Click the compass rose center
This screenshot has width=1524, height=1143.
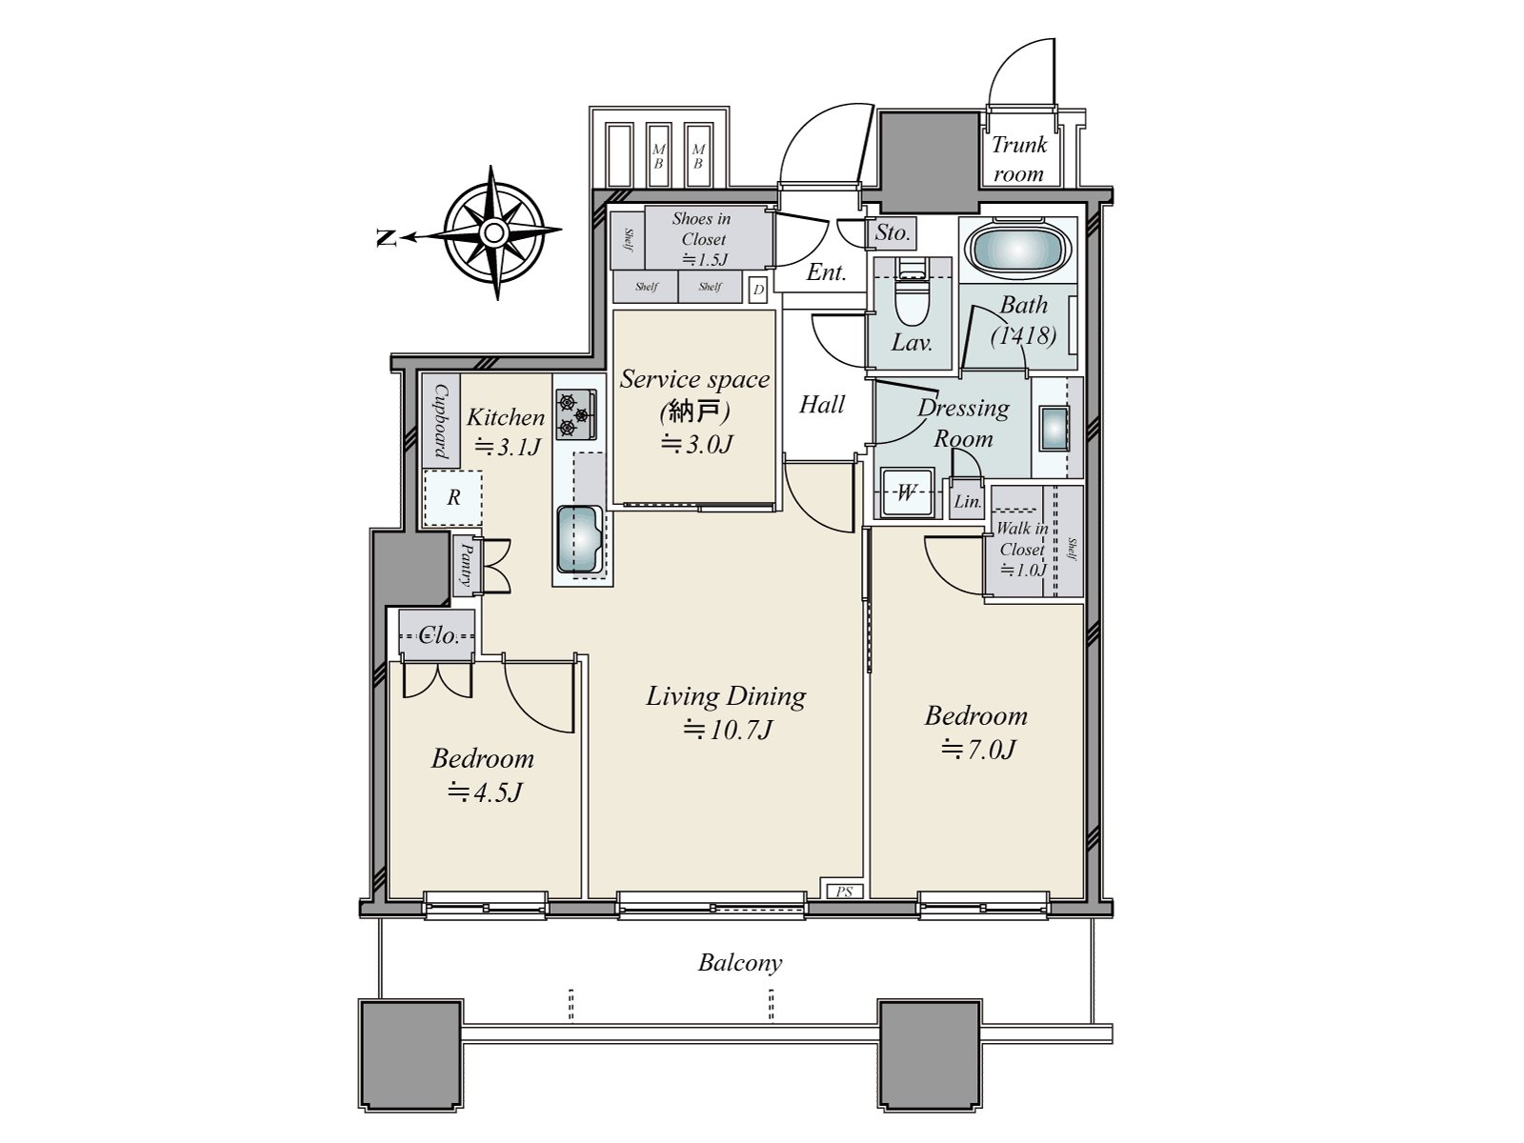[493, 233]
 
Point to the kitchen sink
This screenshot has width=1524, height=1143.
[580, 539]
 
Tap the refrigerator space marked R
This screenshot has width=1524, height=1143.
[453, 497]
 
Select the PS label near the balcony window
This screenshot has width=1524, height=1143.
[844, 892]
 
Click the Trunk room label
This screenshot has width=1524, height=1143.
[1018, 159]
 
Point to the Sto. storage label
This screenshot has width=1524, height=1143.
[892, 232]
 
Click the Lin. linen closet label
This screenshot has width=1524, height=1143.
[967, 501]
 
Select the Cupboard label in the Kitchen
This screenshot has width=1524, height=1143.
[441, 421]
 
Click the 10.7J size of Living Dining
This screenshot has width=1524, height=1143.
[727, 731]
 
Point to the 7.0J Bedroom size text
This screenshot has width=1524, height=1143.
[977, 750]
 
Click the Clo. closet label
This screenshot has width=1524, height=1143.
[438, 635]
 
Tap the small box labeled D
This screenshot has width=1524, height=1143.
[757, 290]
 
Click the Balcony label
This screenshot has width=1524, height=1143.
[740, 963]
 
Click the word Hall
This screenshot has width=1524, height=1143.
[821, 405]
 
